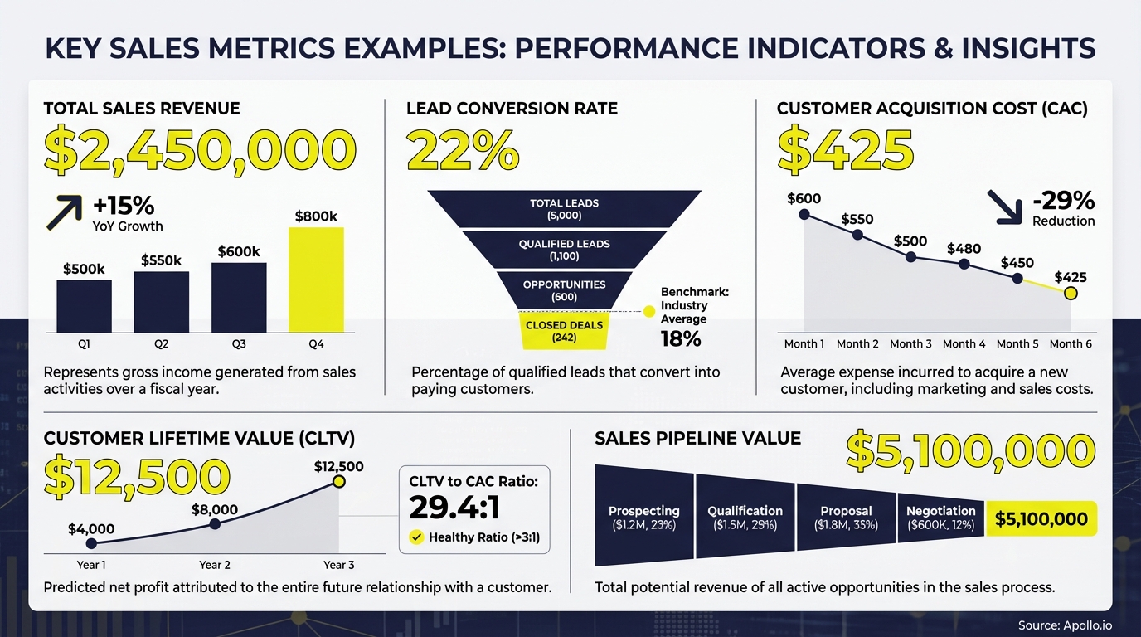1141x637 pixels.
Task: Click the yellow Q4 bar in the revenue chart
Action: (x=316, y=280)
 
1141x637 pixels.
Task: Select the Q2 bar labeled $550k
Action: (x=161, y=302)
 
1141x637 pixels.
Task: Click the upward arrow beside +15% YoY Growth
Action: (x=64, y=212)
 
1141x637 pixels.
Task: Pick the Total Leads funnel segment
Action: (x=564, y=209)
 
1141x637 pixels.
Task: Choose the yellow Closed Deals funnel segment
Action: (x=564, y=331)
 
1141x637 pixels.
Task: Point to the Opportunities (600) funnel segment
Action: (x=564, y=290)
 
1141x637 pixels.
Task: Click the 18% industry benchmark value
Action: (x=681, y=338)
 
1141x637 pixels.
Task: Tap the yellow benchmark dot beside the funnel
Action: (x=649, y=311)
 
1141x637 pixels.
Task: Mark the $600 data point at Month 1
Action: (x=804, y=214)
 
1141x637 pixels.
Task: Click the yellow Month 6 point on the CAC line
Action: (x=1071, y=293)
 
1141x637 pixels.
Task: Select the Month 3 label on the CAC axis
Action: (x=910, y=344)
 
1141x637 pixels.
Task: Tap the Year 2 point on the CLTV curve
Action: (x=215, y=524)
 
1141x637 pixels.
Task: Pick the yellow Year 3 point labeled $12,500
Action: (x=338, y=482)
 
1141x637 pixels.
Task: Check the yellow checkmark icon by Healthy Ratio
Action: (x=416, y=537)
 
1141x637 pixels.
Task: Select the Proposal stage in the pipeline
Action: (x=846, y=518)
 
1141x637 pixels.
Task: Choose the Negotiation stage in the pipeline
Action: (x=941, y=518)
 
